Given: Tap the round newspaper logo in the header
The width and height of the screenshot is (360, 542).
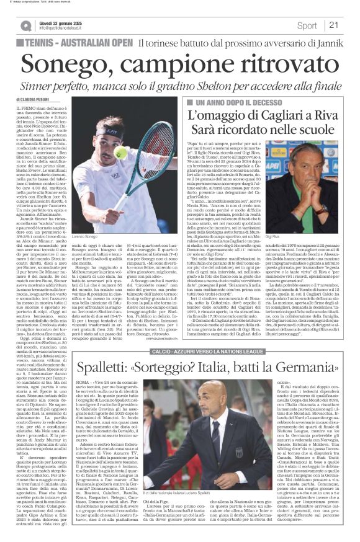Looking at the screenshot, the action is (25, 25).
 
